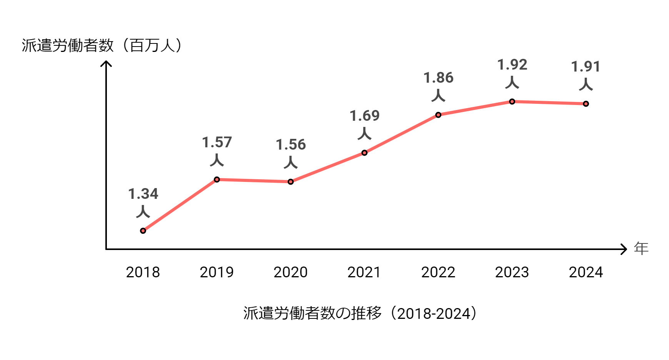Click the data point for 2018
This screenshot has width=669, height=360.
coord(143,231)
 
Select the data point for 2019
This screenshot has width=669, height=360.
coord(217,180)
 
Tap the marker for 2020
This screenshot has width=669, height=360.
coord(291,182)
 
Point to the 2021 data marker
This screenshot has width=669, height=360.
coord(364,153)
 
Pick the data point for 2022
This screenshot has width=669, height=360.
coord(438,115)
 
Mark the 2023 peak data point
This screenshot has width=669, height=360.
coord(512,102)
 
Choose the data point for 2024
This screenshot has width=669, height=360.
coord(586,104)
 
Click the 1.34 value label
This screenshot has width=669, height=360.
coord(143,194)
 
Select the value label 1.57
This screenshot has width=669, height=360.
coord(217,143)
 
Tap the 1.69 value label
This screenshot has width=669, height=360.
coord(364,116)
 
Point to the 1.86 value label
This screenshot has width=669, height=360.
coord(438,78)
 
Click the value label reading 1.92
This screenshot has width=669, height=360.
coord(512,65)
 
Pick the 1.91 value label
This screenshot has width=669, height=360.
coord(586,67)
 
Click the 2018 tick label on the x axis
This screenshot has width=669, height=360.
coord(143,272)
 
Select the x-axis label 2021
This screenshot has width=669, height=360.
coord(364,272)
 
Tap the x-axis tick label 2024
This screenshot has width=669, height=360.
coord(586,272)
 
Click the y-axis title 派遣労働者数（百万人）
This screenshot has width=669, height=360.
coord(102,45)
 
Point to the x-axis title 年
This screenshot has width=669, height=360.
coord(641,248)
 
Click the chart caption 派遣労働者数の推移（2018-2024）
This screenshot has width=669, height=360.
coord(360,313)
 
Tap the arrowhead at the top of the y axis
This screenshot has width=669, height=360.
coord(106,63)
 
